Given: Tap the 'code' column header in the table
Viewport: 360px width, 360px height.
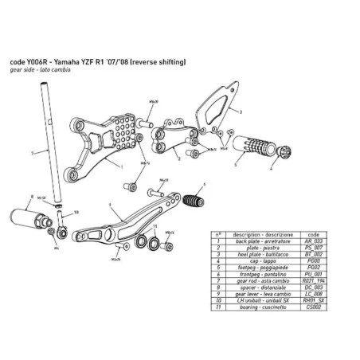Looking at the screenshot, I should (x=313, y=234).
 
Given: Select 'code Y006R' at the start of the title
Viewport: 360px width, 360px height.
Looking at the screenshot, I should (x=26, y=61).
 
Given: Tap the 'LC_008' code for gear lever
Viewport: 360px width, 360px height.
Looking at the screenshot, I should (x=313, y=295).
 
